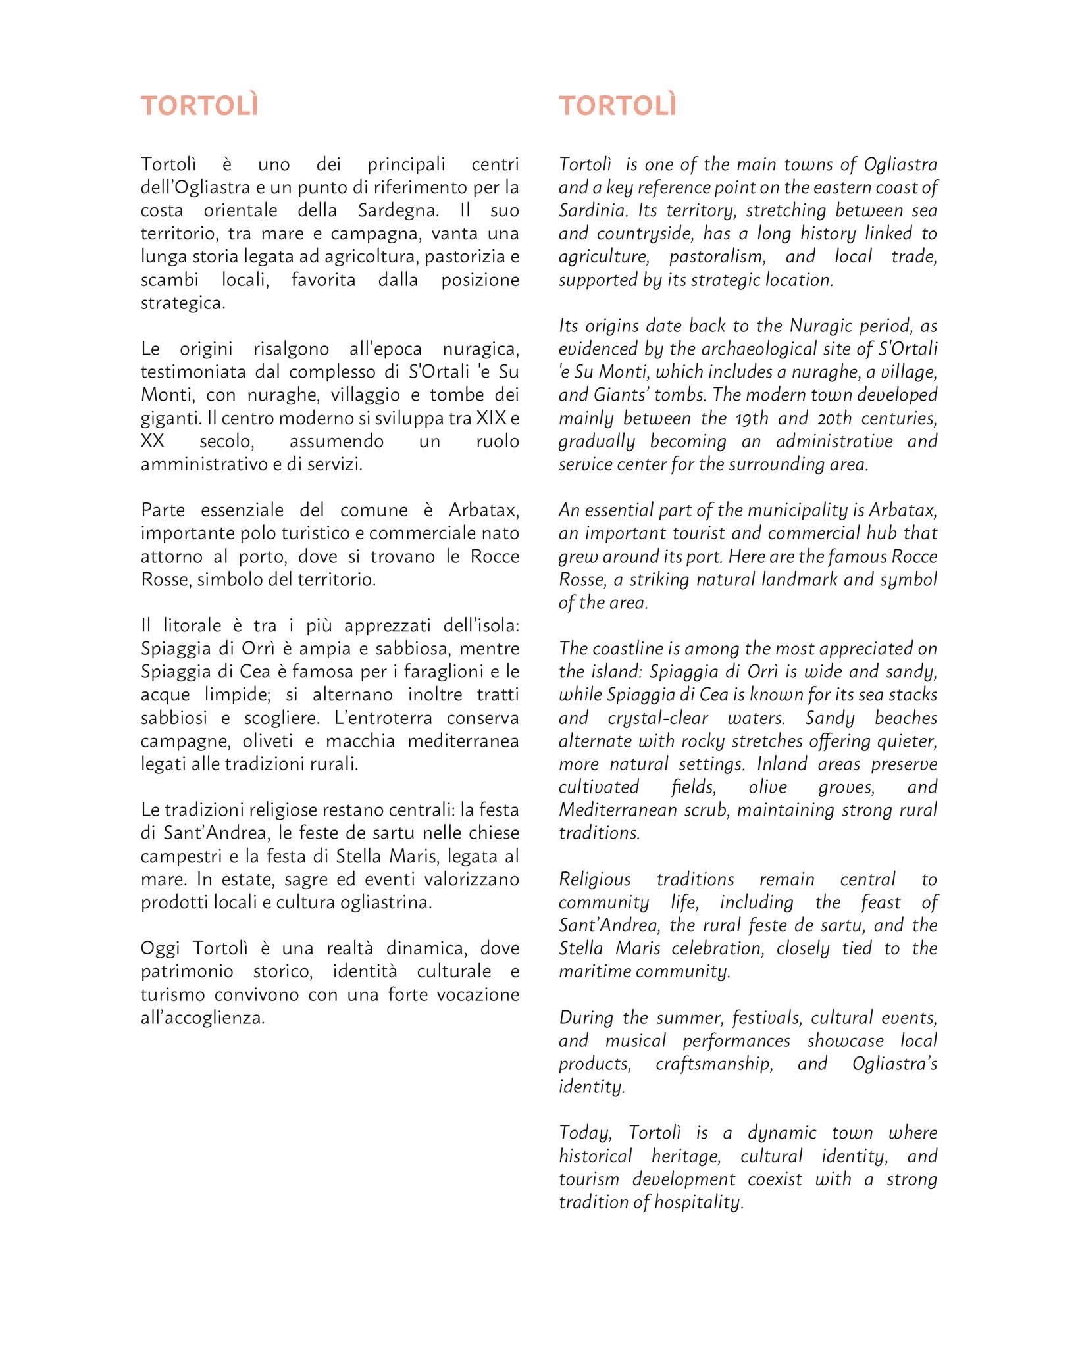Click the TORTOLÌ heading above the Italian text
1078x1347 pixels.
(199, 107)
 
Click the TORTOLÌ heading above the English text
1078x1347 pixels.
(617, 107)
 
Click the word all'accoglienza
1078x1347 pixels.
(202, 1018)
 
